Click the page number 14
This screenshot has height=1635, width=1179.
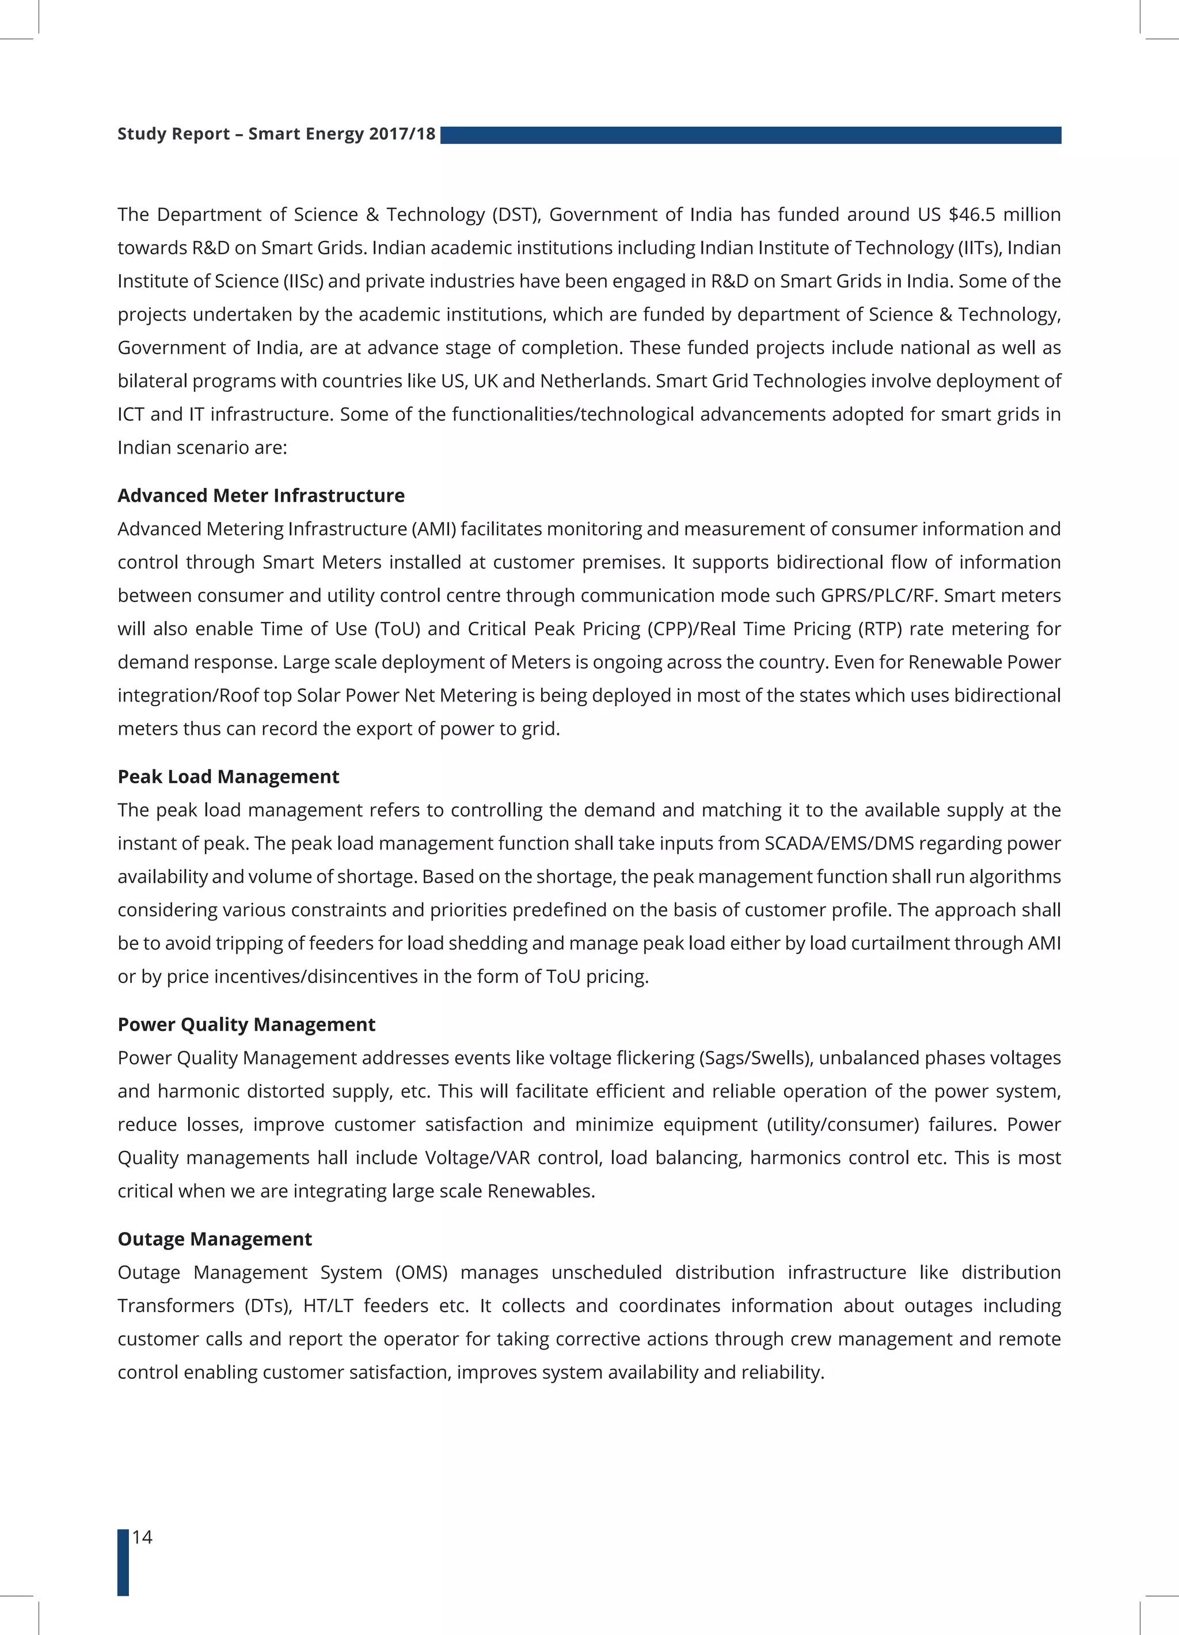(143, 1537)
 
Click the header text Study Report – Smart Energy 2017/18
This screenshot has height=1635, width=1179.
(276, 134)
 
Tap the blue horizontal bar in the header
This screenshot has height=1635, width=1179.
(750, 135)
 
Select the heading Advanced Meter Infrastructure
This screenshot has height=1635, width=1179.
(261, 496)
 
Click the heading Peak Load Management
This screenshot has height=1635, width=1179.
(228, 776)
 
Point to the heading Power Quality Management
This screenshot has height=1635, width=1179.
(246, 1024)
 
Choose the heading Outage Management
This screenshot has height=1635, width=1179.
(214, 1238)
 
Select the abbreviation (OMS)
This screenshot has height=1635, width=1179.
(421, 1272)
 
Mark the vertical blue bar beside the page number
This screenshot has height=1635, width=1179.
(123, 1561)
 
